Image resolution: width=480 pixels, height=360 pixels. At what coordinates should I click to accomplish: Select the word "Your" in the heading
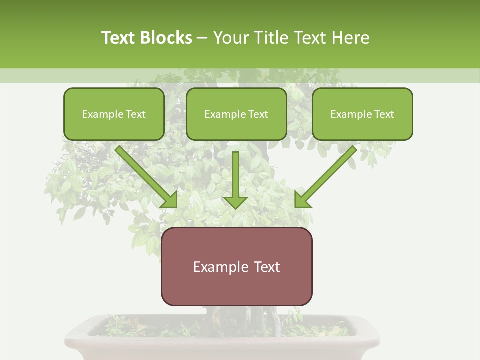(x=231, y=38)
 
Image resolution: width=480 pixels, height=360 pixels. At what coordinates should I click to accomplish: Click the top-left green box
(x=114, y=114)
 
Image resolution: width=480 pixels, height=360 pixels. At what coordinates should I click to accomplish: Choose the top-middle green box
(x=236, y=114)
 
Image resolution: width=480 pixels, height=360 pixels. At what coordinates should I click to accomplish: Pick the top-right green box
(x=362, y=114)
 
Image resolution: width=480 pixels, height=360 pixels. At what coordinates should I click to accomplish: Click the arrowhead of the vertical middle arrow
(x=235, y=202)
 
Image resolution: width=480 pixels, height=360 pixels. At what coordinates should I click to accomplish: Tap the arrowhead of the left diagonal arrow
(x=170, y=200)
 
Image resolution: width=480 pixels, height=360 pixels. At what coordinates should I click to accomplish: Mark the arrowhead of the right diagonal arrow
(x=302, y=200)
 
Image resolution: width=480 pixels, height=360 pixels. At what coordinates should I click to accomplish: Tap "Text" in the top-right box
(x=384, y=114)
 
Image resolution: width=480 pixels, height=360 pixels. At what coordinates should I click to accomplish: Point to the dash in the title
(x=202, y=38)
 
